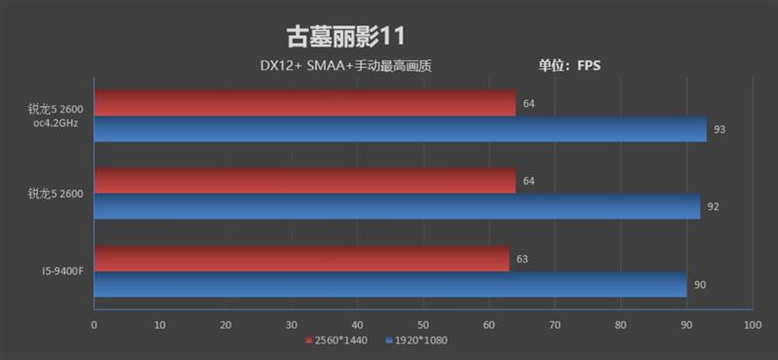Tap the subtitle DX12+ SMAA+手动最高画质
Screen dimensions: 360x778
tap(345, 67)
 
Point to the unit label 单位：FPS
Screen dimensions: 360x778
tap(570, 67)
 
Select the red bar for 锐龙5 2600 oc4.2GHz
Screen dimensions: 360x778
tap(304, 103)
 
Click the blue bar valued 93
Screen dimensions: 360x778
tap(400, 128)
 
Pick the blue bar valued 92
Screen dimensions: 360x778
tap(396, 206)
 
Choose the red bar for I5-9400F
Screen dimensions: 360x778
tap(301, 259)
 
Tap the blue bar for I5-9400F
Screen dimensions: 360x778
tap(390, 284)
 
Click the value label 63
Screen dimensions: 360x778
tap(521, 259)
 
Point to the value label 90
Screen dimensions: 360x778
tap(699, 285)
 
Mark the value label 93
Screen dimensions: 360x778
tap(720, 129)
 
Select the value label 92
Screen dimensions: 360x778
tap(713, 207)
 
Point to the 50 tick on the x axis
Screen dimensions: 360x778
tap(423, 325)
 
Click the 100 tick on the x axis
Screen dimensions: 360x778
tap(749, 325)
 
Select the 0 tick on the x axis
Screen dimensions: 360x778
tap(93, 325)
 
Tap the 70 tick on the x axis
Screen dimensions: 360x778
tap(554, 325)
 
